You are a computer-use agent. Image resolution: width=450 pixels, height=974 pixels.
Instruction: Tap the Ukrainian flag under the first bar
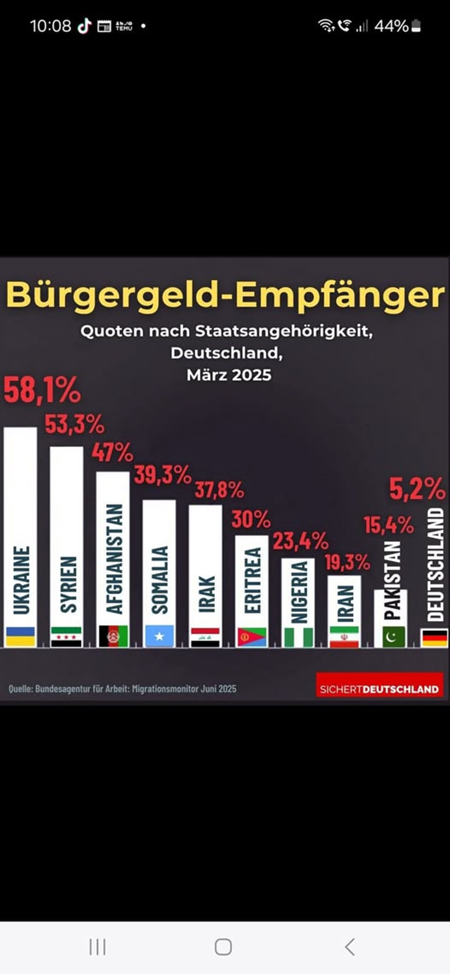point(20,636)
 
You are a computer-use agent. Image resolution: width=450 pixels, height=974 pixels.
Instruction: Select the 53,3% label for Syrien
point(74,425)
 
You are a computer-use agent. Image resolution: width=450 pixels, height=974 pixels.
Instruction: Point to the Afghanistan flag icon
point(113,636)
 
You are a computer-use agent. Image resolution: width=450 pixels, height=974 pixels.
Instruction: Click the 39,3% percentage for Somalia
point(162,475)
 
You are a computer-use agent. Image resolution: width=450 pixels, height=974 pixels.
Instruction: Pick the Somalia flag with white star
point(159,636)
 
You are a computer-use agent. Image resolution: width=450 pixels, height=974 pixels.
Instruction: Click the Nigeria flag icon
point(299,637)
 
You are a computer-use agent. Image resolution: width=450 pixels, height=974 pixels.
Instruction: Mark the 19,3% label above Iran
point(347,562)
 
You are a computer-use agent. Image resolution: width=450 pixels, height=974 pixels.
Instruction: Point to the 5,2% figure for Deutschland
point(417,489)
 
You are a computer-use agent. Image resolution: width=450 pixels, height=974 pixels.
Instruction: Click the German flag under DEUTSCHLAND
point(435,637)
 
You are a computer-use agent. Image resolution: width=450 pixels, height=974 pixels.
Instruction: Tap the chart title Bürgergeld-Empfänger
point(225,295)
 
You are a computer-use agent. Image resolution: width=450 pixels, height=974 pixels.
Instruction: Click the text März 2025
point(229,375)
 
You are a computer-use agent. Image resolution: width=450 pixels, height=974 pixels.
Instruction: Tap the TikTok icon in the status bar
point(84,26)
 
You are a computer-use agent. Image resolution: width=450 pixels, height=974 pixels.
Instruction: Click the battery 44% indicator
point(397,26)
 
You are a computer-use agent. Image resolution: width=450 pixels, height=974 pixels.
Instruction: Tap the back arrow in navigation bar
point(350,947)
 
